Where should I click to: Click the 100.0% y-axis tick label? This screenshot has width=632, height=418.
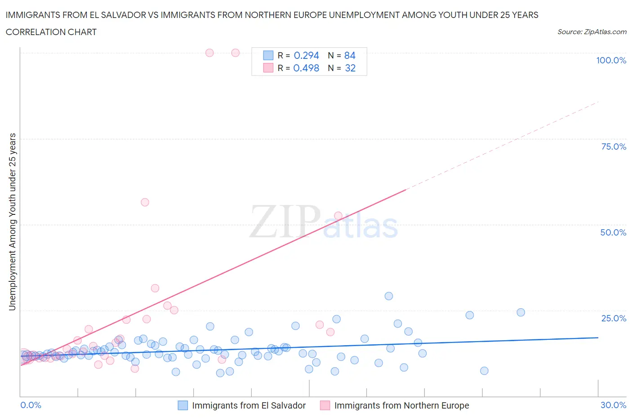[x=611, y=60]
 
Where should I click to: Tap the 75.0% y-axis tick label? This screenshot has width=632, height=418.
[x=614, y=147]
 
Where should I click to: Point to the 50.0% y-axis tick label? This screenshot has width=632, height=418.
[x=613, y=232]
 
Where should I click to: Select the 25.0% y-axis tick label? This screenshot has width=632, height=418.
[x=614, y=318]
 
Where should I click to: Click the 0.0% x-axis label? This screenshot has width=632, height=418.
[x=31, y=405]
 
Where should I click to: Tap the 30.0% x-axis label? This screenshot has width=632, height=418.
[x=613, y=405]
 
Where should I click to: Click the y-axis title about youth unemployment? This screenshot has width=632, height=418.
[x=12, y=222]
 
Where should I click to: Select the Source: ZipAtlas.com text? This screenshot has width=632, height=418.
[x=592, y=31]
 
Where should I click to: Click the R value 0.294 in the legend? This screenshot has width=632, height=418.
[x=306, y=55]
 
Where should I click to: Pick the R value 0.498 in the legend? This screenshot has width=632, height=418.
[x=306, y=68]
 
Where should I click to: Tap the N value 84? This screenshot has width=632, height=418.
[x=350, y=55]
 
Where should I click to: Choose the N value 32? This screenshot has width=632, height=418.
[x=350, y=68]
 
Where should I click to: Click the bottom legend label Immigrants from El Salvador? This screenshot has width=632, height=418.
[x=249, y=405]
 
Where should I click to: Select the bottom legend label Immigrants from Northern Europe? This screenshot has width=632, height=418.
[x=401, y=405]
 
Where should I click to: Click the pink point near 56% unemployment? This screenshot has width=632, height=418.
[x=145, y=202]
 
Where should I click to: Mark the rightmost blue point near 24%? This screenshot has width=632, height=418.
[x=521, y=312]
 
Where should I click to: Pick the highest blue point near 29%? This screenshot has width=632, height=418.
[x=389, y=296]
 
